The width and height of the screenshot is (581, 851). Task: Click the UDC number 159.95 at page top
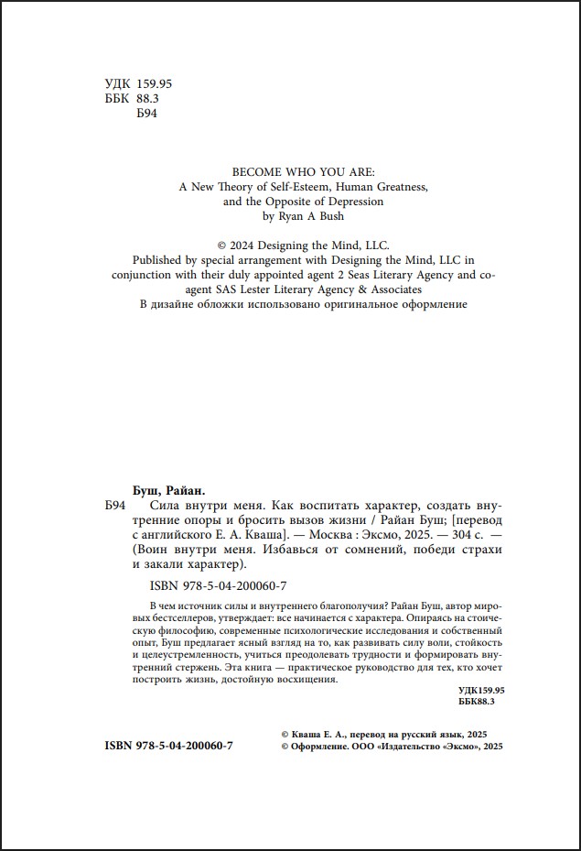click(x=154, y=83)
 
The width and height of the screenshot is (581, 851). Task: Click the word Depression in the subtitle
click(x=354, y=201)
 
